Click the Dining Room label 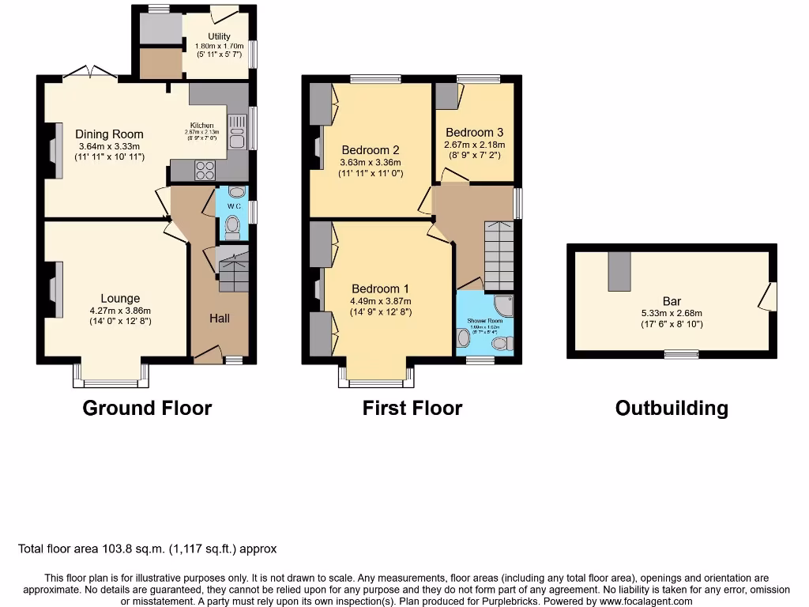(x=109, y=134)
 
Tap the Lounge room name (x=120, y=298)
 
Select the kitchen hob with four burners (x=205, y=170)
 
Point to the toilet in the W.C (x=232, y=227)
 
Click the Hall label (x=220, y=318)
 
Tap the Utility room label (x=219, y=36)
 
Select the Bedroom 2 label (x=371, y=150)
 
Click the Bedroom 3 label (x=474, y=133)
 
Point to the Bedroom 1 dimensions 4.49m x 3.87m (x=381, y=301)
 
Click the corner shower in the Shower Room (x=502, y=306)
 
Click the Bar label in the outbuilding (x=672, y=301)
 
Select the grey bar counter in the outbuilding (x=619, y=270)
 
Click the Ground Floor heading (x=147, y=408)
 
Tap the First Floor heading (x=412, y=408)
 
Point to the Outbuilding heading (x=672, y=408)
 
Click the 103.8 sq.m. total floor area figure (x=126, y=549)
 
